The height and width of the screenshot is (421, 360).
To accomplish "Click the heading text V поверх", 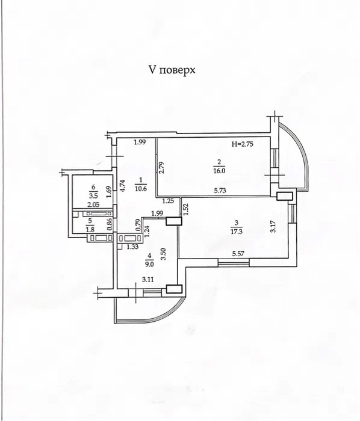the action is coord(172,70).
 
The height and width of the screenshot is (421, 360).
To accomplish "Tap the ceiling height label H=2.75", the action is coord(243,144).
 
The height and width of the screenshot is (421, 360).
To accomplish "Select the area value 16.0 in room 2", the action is coord(219,171).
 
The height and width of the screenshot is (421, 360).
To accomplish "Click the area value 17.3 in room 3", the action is coord(237,231).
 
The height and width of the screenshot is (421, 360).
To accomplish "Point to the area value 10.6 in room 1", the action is coord(141,188).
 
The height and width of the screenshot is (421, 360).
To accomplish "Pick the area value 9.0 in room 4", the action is coord(149,264).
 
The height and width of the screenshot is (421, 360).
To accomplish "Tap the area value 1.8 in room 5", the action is coord(90,230).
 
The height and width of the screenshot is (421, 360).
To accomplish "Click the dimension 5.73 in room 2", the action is coord(220,191).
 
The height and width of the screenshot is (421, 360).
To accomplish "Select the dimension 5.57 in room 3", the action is coord(238,253).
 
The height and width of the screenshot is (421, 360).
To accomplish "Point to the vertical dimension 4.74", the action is coord(122,186).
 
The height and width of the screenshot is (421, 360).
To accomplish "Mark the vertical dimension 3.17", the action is coord(273,226).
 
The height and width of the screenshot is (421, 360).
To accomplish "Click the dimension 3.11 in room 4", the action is coord(147,280).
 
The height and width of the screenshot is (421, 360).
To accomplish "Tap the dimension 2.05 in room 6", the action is coord(93,204).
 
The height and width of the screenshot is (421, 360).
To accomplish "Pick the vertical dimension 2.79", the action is coord(161,168).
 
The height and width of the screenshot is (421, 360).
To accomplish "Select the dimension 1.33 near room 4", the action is coord(132,246).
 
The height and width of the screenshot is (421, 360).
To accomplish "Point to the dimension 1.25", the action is coord(169,200).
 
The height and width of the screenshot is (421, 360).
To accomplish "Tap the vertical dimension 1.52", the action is coord(185,209).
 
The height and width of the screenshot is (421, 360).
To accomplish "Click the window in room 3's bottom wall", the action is coord(233,262).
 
